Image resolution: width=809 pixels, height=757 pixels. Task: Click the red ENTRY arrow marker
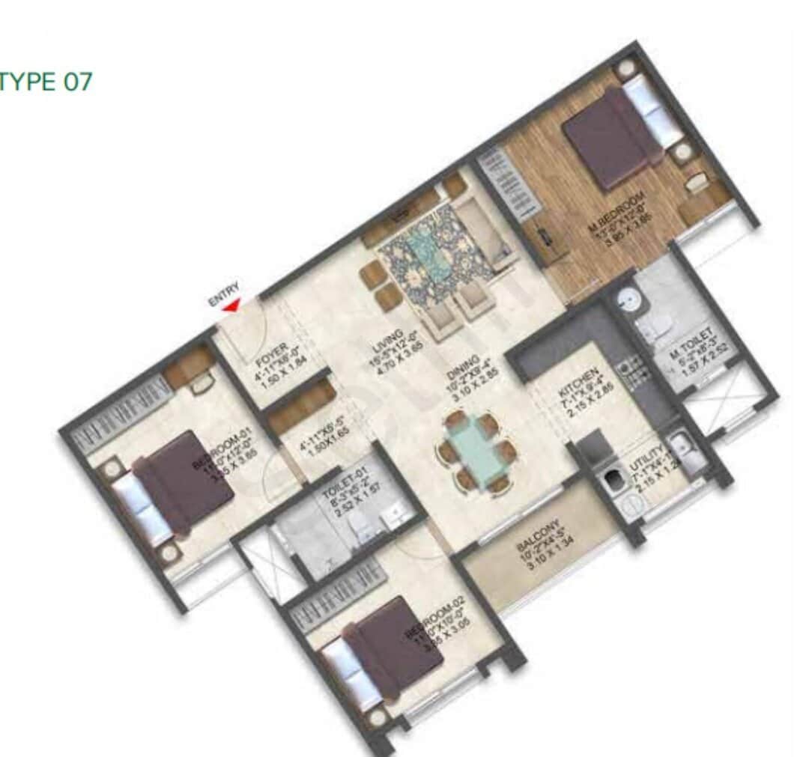[x=233, y=305]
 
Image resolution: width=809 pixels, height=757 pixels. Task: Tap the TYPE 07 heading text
[x=46, y=81]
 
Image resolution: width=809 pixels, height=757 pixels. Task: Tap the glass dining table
[x=476, y=450]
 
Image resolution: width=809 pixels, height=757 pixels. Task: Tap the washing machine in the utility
[x=614, y=481]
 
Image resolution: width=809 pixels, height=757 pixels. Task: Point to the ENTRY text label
[x=224, y=293]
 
